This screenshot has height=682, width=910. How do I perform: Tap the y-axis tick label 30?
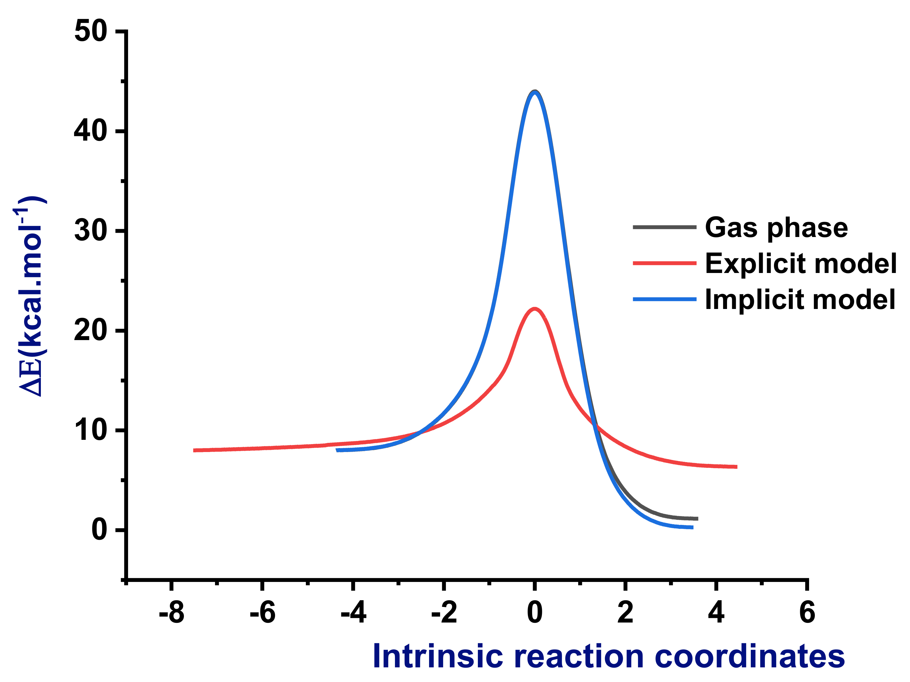(91, 231)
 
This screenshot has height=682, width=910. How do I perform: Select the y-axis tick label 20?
(91, 330)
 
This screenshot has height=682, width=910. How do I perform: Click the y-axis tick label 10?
(91, 430)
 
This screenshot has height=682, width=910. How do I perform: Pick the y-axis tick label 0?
(99, 530)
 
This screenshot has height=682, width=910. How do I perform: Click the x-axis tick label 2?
(625, 612)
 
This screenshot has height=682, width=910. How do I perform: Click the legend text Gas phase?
(776, 228)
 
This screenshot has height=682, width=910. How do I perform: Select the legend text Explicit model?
(801, 263)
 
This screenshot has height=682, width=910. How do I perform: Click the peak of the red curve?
(534, 308)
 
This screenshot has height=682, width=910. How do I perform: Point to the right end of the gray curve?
(697, 519)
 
